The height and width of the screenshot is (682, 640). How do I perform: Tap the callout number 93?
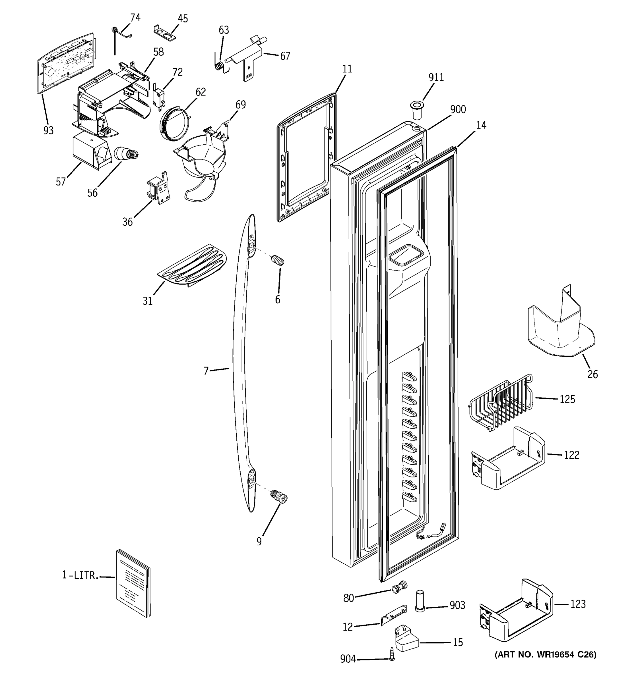(48, 130)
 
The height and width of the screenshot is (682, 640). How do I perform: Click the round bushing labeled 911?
(416, 110)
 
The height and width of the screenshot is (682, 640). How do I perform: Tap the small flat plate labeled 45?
(164, 33)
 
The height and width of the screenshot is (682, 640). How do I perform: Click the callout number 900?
(458, 109)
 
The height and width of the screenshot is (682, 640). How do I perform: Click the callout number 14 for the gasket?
(481, 125)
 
